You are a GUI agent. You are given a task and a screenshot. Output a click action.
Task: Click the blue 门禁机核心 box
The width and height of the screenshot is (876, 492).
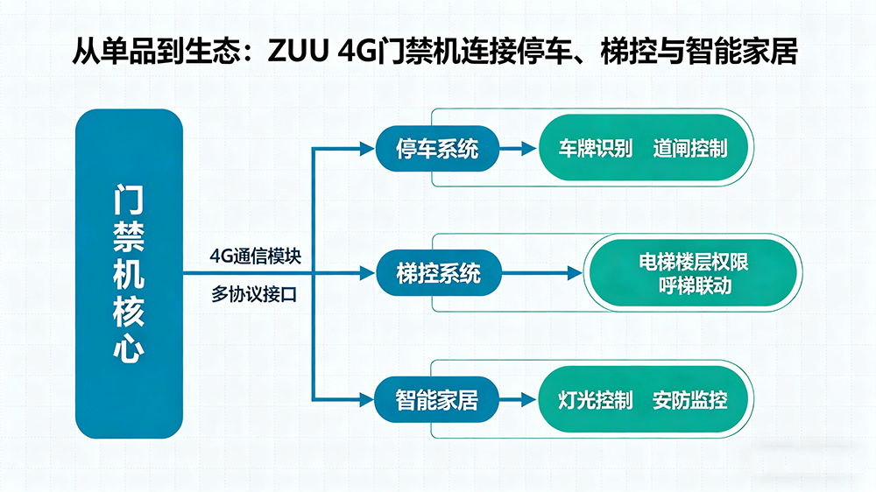click(x=129, y=272)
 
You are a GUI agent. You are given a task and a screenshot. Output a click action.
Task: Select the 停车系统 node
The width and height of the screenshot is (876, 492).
click(x=437, y=149)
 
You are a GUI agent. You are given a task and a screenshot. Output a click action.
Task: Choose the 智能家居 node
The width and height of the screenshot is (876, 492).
click(x=437, y=401)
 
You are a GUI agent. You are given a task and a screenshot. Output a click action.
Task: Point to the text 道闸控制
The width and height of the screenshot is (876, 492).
click(x=689, y=148)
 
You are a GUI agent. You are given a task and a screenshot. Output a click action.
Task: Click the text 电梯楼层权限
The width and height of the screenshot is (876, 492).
click(x=693, y=263)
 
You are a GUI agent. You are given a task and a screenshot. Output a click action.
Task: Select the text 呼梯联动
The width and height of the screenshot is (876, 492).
click(x=693, y=286)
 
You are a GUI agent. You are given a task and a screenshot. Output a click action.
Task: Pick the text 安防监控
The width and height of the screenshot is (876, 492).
click(x=689, y=401)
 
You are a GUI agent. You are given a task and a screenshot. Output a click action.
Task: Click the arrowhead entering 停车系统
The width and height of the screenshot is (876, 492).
click(x=368, y=149)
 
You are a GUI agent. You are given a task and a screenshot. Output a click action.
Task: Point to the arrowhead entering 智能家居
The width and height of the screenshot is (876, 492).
click(x=368, y=401)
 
